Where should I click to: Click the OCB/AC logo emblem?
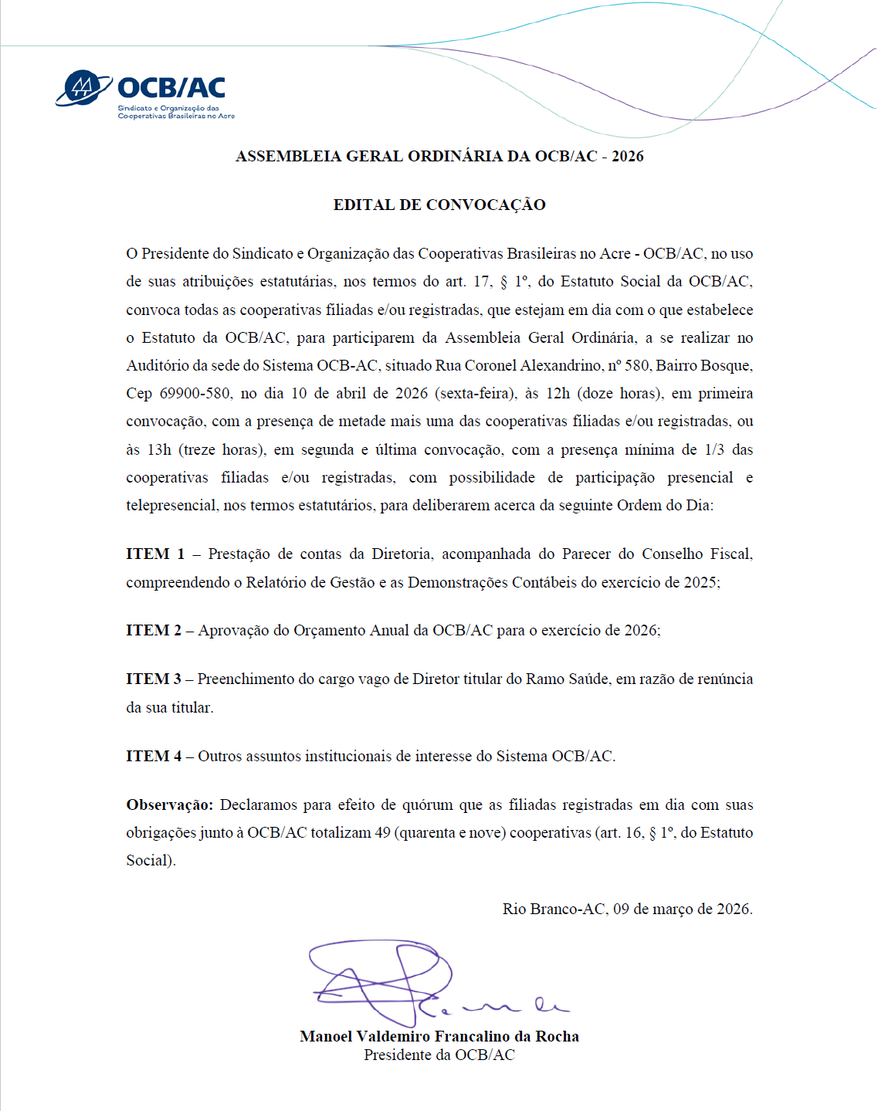(83, 88)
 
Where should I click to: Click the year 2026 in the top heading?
(627, 156)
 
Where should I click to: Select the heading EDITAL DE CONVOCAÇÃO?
(439, 205)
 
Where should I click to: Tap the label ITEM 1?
(155, 554)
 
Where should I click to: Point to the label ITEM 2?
(154, 630)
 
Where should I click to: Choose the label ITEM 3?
(154, 679)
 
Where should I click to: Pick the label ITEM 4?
(154, 756)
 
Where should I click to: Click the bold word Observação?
(169, 804)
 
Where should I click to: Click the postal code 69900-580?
(195, 393)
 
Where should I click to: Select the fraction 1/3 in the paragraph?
(714, 449)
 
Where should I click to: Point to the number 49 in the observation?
(382, 832)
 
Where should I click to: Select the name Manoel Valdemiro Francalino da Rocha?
(439, 1036)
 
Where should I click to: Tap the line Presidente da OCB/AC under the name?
(439, 1055)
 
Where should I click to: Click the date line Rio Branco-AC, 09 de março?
(627, 909)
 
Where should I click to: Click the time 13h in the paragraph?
(159, 449)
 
